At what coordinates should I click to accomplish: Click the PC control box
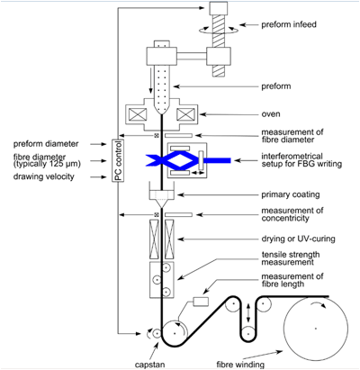point(118,160)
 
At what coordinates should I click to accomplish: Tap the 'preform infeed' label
point(289,24)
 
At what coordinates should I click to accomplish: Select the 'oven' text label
point(271,114)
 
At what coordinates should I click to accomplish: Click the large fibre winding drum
point(316,329)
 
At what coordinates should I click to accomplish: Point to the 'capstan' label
point(149,365)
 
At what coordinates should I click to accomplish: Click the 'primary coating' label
point(291,194)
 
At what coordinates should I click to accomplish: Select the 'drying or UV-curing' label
point(298,239)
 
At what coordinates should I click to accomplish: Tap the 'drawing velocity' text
point(43,176)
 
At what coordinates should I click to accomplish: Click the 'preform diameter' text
point(46,144)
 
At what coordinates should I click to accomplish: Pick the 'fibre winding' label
point(240,365)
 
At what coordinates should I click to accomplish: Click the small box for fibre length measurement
point(201,302)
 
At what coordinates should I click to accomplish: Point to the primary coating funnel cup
point(162,198)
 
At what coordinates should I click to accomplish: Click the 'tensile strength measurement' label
point(291,258)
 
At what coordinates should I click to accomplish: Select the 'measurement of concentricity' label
point(292,214)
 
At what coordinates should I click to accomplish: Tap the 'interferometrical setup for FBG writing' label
point(301,160)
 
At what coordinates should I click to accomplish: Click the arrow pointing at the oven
point(229,114)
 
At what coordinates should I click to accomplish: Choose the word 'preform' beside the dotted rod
point(276,86)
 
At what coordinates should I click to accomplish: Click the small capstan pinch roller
point(156,333)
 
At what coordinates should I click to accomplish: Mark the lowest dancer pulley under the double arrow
point(248,333)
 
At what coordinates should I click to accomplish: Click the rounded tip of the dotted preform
point(162,113)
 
